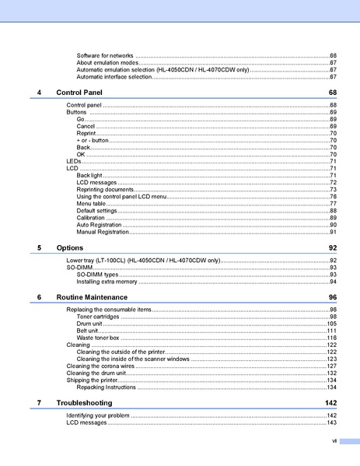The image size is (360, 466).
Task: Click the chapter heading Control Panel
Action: [79, 92]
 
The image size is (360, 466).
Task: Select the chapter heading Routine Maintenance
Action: [92, 297]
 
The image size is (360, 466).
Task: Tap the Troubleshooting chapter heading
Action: [84, 402]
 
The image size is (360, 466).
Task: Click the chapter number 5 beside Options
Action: [39, 247]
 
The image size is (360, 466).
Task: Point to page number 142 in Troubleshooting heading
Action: [330, 402]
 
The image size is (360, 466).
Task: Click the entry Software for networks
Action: [105, 56]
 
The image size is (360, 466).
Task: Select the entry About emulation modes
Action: [108, 63]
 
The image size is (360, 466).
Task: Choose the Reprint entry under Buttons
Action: [86, 133]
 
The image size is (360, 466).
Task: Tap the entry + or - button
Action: [94, 140]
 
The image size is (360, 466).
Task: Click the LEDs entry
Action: [74, 161]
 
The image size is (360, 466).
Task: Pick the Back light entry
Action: [89, 175]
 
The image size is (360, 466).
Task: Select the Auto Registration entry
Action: [99, 224]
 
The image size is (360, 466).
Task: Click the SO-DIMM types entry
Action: [98, 274]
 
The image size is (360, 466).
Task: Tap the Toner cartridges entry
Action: [98, 317]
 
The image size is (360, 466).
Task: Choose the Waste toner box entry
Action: [98, 338]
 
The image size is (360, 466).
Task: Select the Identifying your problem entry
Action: [98, 415]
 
